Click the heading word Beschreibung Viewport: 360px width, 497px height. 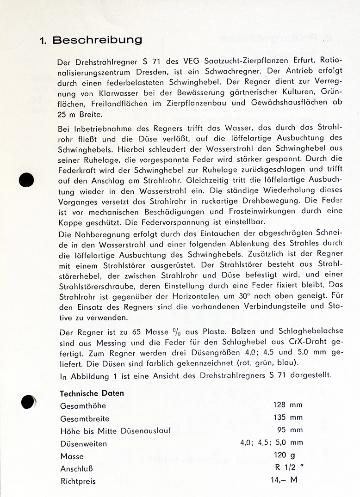[x=97, y=40]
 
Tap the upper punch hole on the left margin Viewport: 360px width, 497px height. [x=26, y=179]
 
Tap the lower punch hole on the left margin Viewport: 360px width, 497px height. [x=28, y=402]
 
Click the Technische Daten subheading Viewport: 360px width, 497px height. [x=92, y=393]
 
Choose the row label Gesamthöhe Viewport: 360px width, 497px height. [x=83, y=406]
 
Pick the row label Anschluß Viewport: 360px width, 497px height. [x=77, y=468]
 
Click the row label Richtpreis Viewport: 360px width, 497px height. [x=78, y=481]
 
